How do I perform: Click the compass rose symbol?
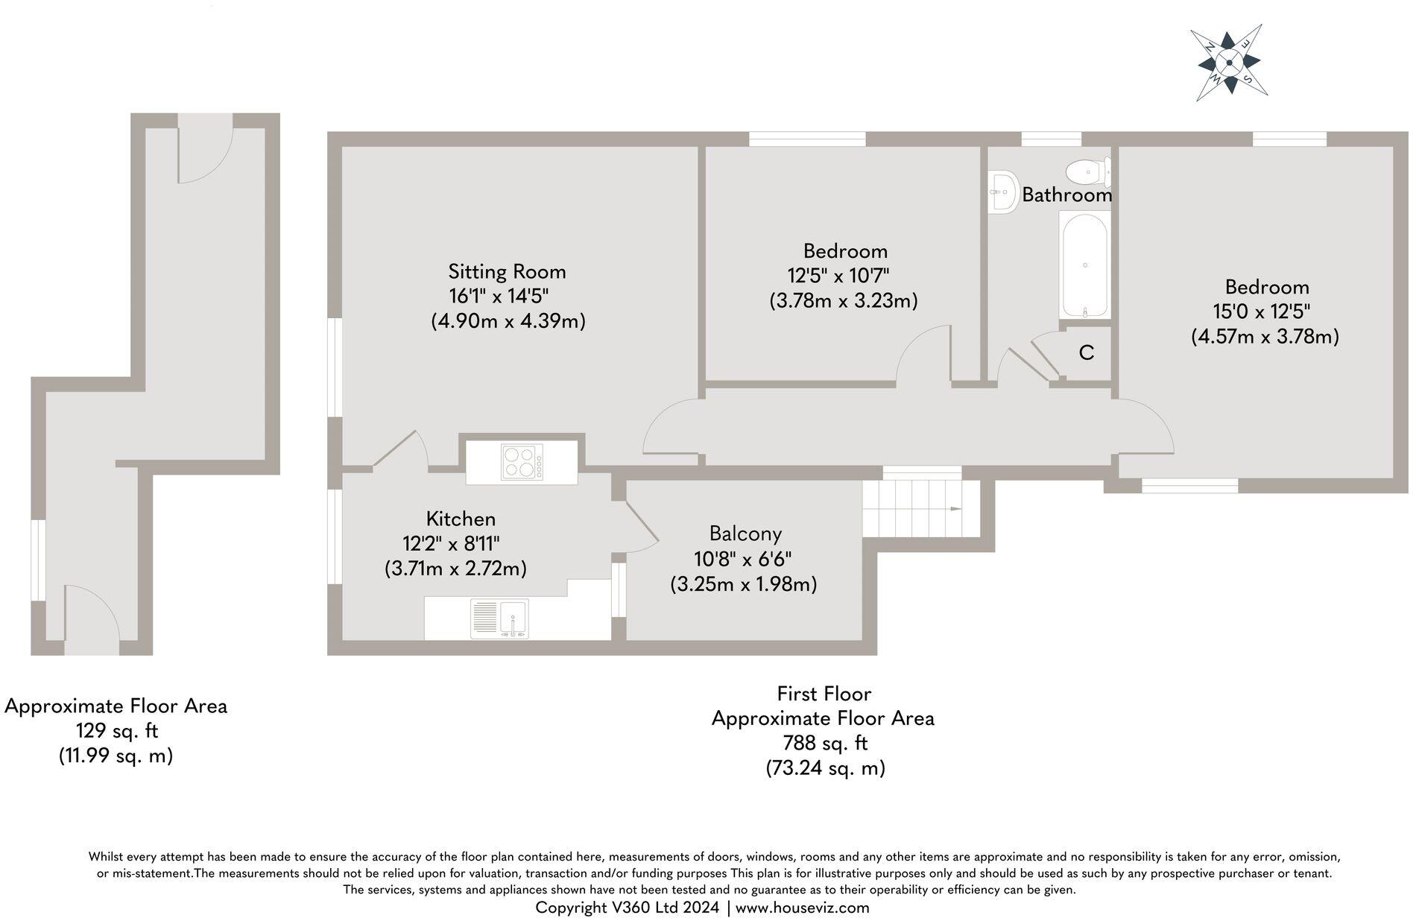click(1229, 63)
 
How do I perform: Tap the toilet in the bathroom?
click(1086, 173)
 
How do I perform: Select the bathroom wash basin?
click(1003, 193)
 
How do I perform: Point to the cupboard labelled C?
click(1086, 353)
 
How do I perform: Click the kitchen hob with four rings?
click(522, 461)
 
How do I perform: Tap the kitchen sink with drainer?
click(499, 619)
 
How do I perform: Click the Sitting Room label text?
click(507, 271)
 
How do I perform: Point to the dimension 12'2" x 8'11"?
click(451, 543)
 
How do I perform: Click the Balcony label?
click(745, 534)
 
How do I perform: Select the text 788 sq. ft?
click(824, 743)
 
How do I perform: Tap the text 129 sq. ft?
click(117, 730)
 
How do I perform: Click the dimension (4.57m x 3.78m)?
click(1265, 336)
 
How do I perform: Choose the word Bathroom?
click(1066, 195)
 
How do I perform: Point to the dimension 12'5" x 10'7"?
click(838, 276)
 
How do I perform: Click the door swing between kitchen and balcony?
click(641, 531)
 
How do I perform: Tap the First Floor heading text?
click(824, 694)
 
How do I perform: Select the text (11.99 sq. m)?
click(116, 756)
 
